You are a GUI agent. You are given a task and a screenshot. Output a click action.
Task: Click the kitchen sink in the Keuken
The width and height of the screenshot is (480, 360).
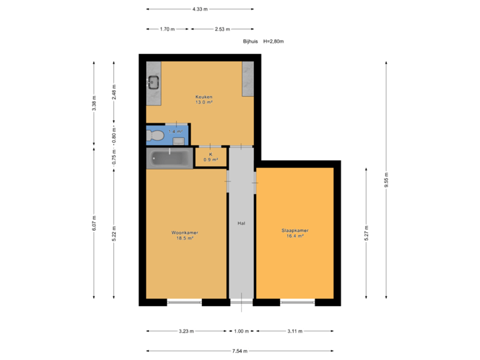pos(153,83)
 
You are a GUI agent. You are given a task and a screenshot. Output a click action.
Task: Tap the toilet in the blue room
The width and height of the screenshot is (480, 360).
pos(156,135)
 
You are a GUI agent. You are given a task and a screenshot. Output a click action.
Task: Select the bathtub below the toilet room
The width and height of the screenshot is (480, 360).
pos(169,158)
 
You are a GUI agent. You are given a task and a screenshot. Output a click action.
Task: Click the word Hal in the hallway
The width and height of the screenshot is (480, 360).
pos(241,223)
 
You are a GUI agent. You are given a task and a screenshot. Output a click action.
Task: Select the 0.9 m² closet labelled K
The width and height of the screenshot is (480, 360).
pos(211,157)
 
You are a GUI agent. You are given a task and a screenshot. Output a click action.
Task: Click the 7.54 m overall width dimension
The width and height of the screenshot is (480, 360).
pos(240,351)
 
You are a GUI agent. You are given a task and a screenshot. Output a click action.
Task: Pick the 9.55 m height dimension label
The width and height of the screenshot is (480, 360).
pos(386,180)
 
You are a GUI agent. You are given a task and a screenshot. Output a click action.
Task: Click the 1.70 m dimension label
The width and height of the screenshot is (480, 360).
pos(167,29)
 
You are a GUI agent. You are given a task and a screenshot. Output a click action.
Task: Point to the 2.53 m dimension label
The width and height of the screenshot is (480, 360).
pos(222,29)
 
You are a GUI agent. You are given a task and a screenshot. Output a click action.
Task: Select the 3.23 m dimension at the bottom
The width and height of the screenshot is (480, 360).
pos(186,331)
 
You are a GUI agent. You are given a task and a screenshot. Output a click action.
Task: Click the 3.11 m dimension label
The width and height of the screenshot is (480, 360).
pos(294,331)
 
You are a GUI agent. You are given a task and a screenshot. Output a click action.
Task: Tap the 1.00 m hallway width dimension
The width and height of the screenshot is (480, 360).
pos(241,331)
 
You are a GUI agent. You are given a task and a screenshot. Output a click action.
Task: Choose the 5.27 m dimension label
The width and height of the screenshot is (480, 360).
pos(366,233)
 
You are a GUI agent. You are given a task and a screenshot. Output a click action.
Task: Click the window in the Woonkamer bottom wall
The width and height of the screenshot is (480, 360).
pos(184,303)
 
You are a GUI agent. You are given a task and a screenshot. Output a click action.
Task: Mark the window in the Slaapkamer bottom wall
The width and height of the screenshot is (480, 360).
pos(297,303)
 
